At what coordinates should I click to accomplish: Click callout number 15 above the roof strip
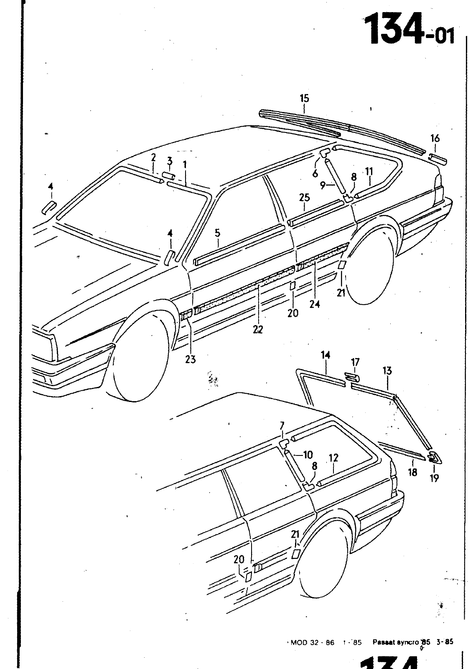click(x=304, y=99)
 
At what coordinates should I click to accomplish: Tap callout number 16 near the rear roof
click(x=435, y=138)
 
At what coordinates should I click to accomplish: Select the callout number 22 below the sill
click(x=258, y=329)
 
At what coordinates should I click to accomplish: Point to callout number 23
click(x=191, y=359)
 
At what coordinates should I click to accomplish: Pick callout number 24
click(x=315, y=304)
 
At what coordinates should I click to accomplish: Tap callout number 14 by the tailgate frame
click(x=326, y=355)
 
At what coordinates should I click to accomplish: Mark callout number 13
click(x=387, y=370)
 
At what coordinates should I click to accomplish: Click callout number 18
click(x=413, y=473)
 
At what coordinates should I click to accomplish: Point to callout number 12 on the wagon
click(x=333, y=458)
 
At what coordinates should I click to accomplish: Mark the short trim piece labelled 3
click(x=168, y=175)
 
